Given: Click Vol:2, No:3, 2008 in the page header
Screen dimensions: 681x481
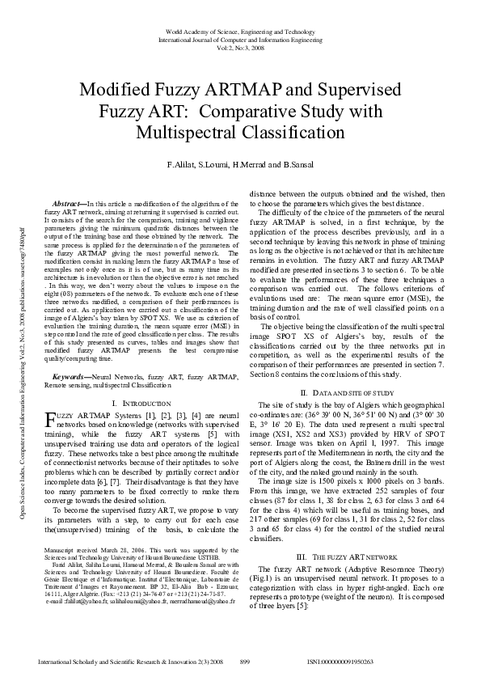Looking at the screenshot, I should (x=240, y=47).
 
